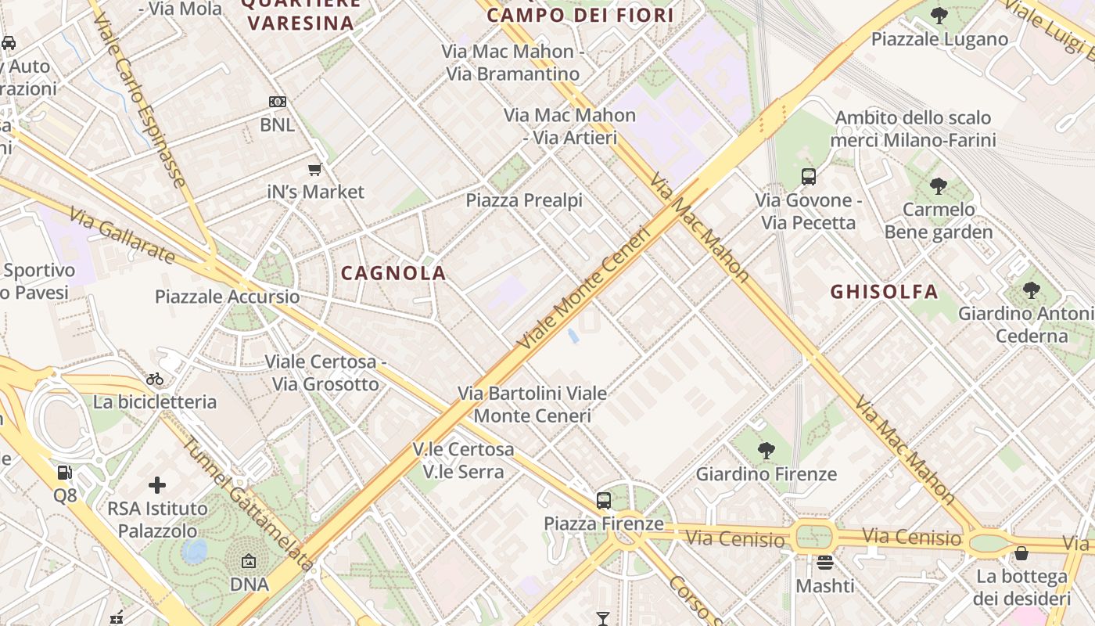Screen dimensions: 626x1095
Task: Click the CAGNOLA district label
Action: click(x=393, y=273)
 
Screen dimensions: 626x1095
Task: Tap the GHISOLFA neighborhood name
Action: click(x=884, y=292)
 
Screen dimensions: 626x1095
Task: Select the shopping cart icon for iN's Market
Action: click(x=315, y=169)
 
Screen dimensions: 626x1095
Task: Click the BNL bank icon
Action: click(x=278, y=102)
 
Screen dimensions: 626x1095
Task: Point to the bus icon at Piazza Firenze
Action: click(x=604, y=500)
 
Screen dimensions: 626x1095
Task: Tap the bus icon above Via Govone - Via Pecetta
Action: click(x=809, y=177)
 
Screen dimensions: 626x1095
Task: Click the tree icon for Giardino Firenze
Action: click(x=766, y=451)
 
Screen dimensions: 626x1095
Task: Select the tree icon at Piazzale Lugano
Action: click(x=939, y=16)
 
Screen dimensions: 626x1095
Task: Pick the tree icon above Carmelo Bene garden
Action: click(x=939, y=186)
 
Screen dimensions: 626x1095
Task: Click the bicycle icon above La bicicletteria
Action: click(x=155, y=380)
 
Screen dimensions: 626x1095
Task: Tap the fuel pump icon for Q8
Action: click(x=65, y=473)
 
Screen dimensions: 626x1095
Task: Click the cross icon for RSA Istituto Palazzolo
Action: click(x=157, y=485)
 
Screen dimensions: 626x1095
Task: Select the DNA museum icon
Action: click(x=249, y=561)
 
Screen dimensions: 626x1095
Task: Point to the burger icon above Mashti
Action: click(x=825, y=563)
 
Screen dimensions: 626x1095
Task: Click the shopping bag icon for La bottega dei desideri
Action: click(x=1021, y=553)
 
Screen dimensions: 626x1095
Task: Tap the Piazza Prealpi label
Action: click(x=524, y=200)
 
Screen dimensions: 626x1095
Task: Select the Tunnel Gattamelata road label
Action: click(x=249, y=502)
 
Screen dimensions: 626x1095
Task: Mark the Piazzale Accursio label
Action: click(x=227, y=297)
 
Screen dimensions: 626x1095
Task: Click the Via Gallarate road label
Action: click(x=122, y=235)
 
